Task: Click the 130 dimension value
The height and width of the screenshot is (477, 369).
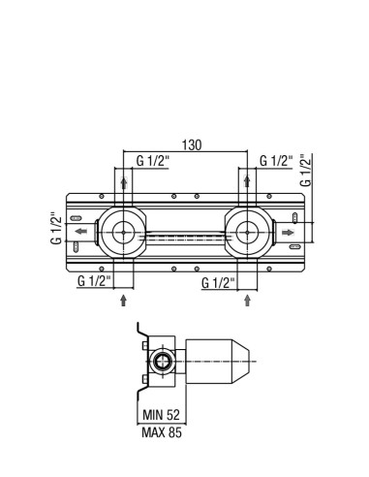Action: [x=192, y=145]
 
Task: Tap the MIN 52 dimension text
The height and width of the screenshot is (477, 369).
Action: [x=161, y=415]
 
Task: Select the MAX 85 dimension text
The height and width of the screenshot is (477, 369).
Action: [x=162, y=432]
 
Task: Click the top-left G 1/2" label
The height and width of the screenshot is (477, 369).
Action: [x=153, y=161]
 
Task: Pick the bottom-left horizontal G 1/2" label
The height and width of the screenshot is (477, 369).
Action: [x=94, y=281]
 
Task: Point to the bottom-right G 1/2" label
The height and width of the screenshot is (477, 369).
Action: [x=218, y=283]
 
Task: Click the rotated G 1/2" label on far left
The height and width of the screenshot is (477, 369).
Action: [x=56, y=228]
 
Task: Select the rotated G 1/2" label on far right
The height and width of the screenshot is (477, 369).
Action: [x=305, y=171]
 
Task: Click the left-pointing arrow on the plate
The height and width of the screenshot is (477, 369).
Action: [x=80, y=231]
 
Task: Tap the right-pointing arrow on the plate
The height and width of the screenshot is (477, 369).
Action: [x=289, y=233]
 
